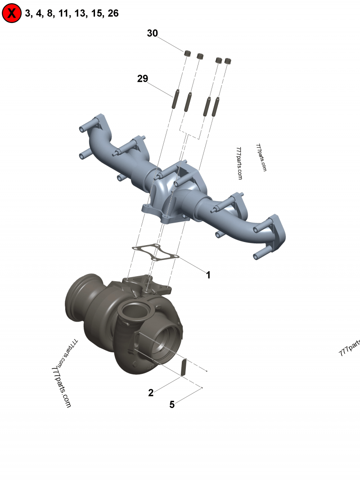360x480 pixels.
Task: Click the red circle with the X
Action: (x=12, y=13)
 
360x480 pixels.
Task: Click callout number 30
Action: (x=152, y=33)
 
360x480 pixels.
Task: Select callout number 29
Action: (x=143, y=79)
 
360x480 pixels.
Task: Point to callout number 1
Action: (x=208, y=274)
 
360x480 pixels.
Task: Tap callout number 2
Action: (x=151, y=392)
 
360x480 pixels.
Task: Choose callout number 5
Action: (x=172, y=404)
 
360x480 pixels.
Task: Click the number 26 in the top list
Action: (x=113, y=13)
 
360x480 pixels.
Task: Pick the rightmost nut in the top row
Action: (x=228, y=60)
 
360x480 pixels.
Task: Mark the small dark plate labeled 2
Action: (x=183, y=366)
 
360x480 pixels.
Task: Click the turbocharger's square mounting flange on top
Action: (x=144, y=283)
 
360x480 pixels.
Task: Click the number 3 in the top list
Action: (x=28, y=13)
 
